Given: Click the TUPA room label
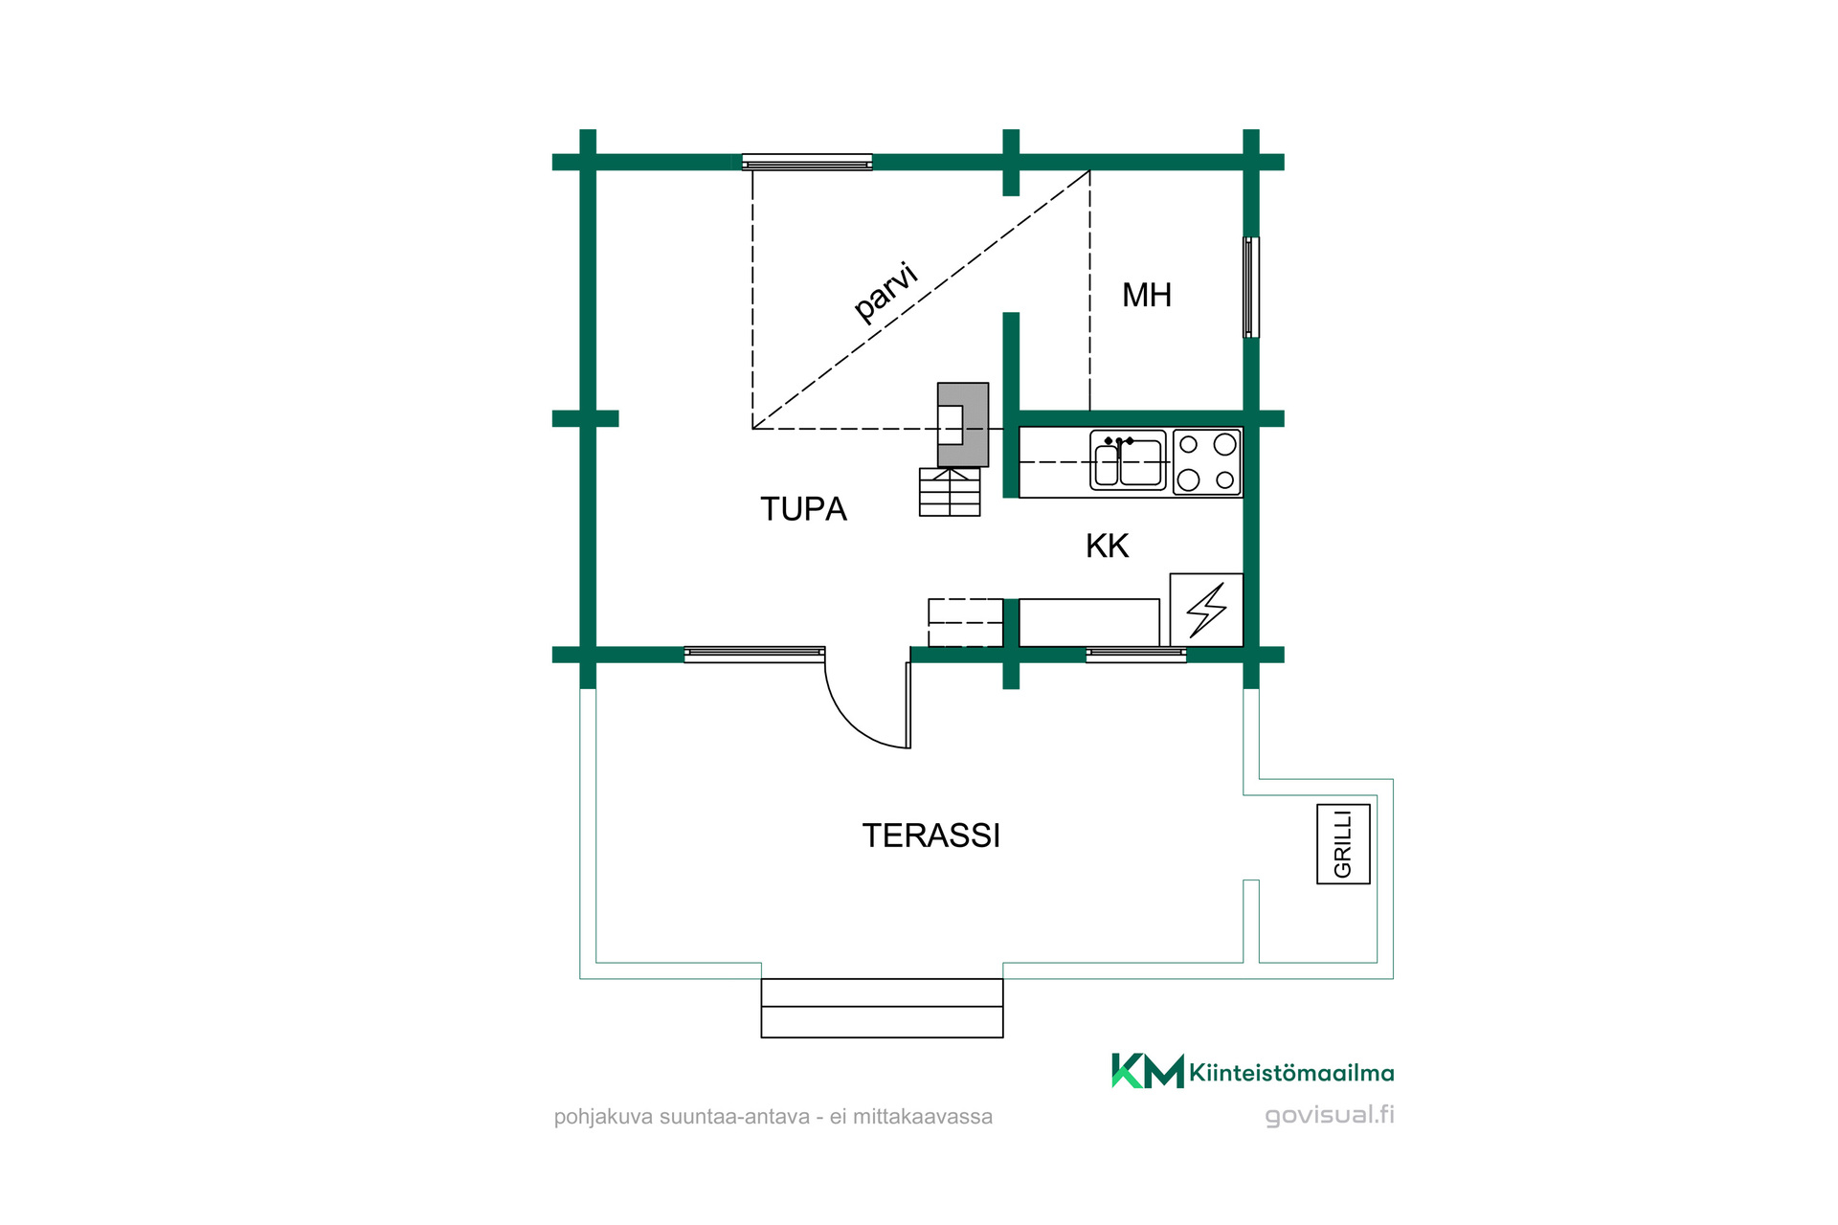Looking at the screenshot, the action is click(803, 509).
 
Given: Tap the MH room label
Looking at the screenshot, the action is click(1147, 295).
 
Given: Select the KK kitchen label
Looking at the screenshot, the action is click(1107, 546).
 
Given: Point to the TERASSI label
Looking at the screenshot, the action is click(930, 835).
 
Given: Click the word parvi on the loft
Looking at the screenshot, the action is click(885, 291).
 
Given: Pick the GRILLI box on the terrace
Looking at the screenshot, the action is click(1343, 843).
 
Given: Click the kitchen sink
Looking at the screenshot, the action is click(1128, 460).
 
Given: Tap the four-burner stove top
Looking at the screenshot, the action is click(1206, 461).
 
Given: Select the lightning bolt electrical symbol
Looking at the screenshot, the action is click(1206, 610).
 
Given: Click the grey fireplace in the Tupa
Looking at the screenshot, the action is click(962, 424).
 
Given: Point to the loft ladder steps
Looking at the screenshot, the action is click(950, 492).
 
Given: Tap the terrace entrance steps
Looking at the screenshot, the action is click(882, 1008).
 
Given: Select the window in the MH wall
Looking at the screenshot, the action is click(1250, 287).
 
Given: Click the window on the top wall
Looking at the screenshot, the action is click(807, 162).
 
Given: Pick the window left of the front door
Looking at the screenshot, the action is click(754, 655).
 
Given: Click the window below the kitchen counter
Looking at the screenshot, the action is click(1135, 655).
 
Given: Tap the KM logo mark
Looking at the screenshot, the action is click(1147, 1071).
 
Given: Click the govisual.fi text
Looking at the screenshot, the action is click(1329, 1115).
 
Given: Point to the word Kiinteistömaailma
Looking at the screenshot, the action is click(1291, 1073).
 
